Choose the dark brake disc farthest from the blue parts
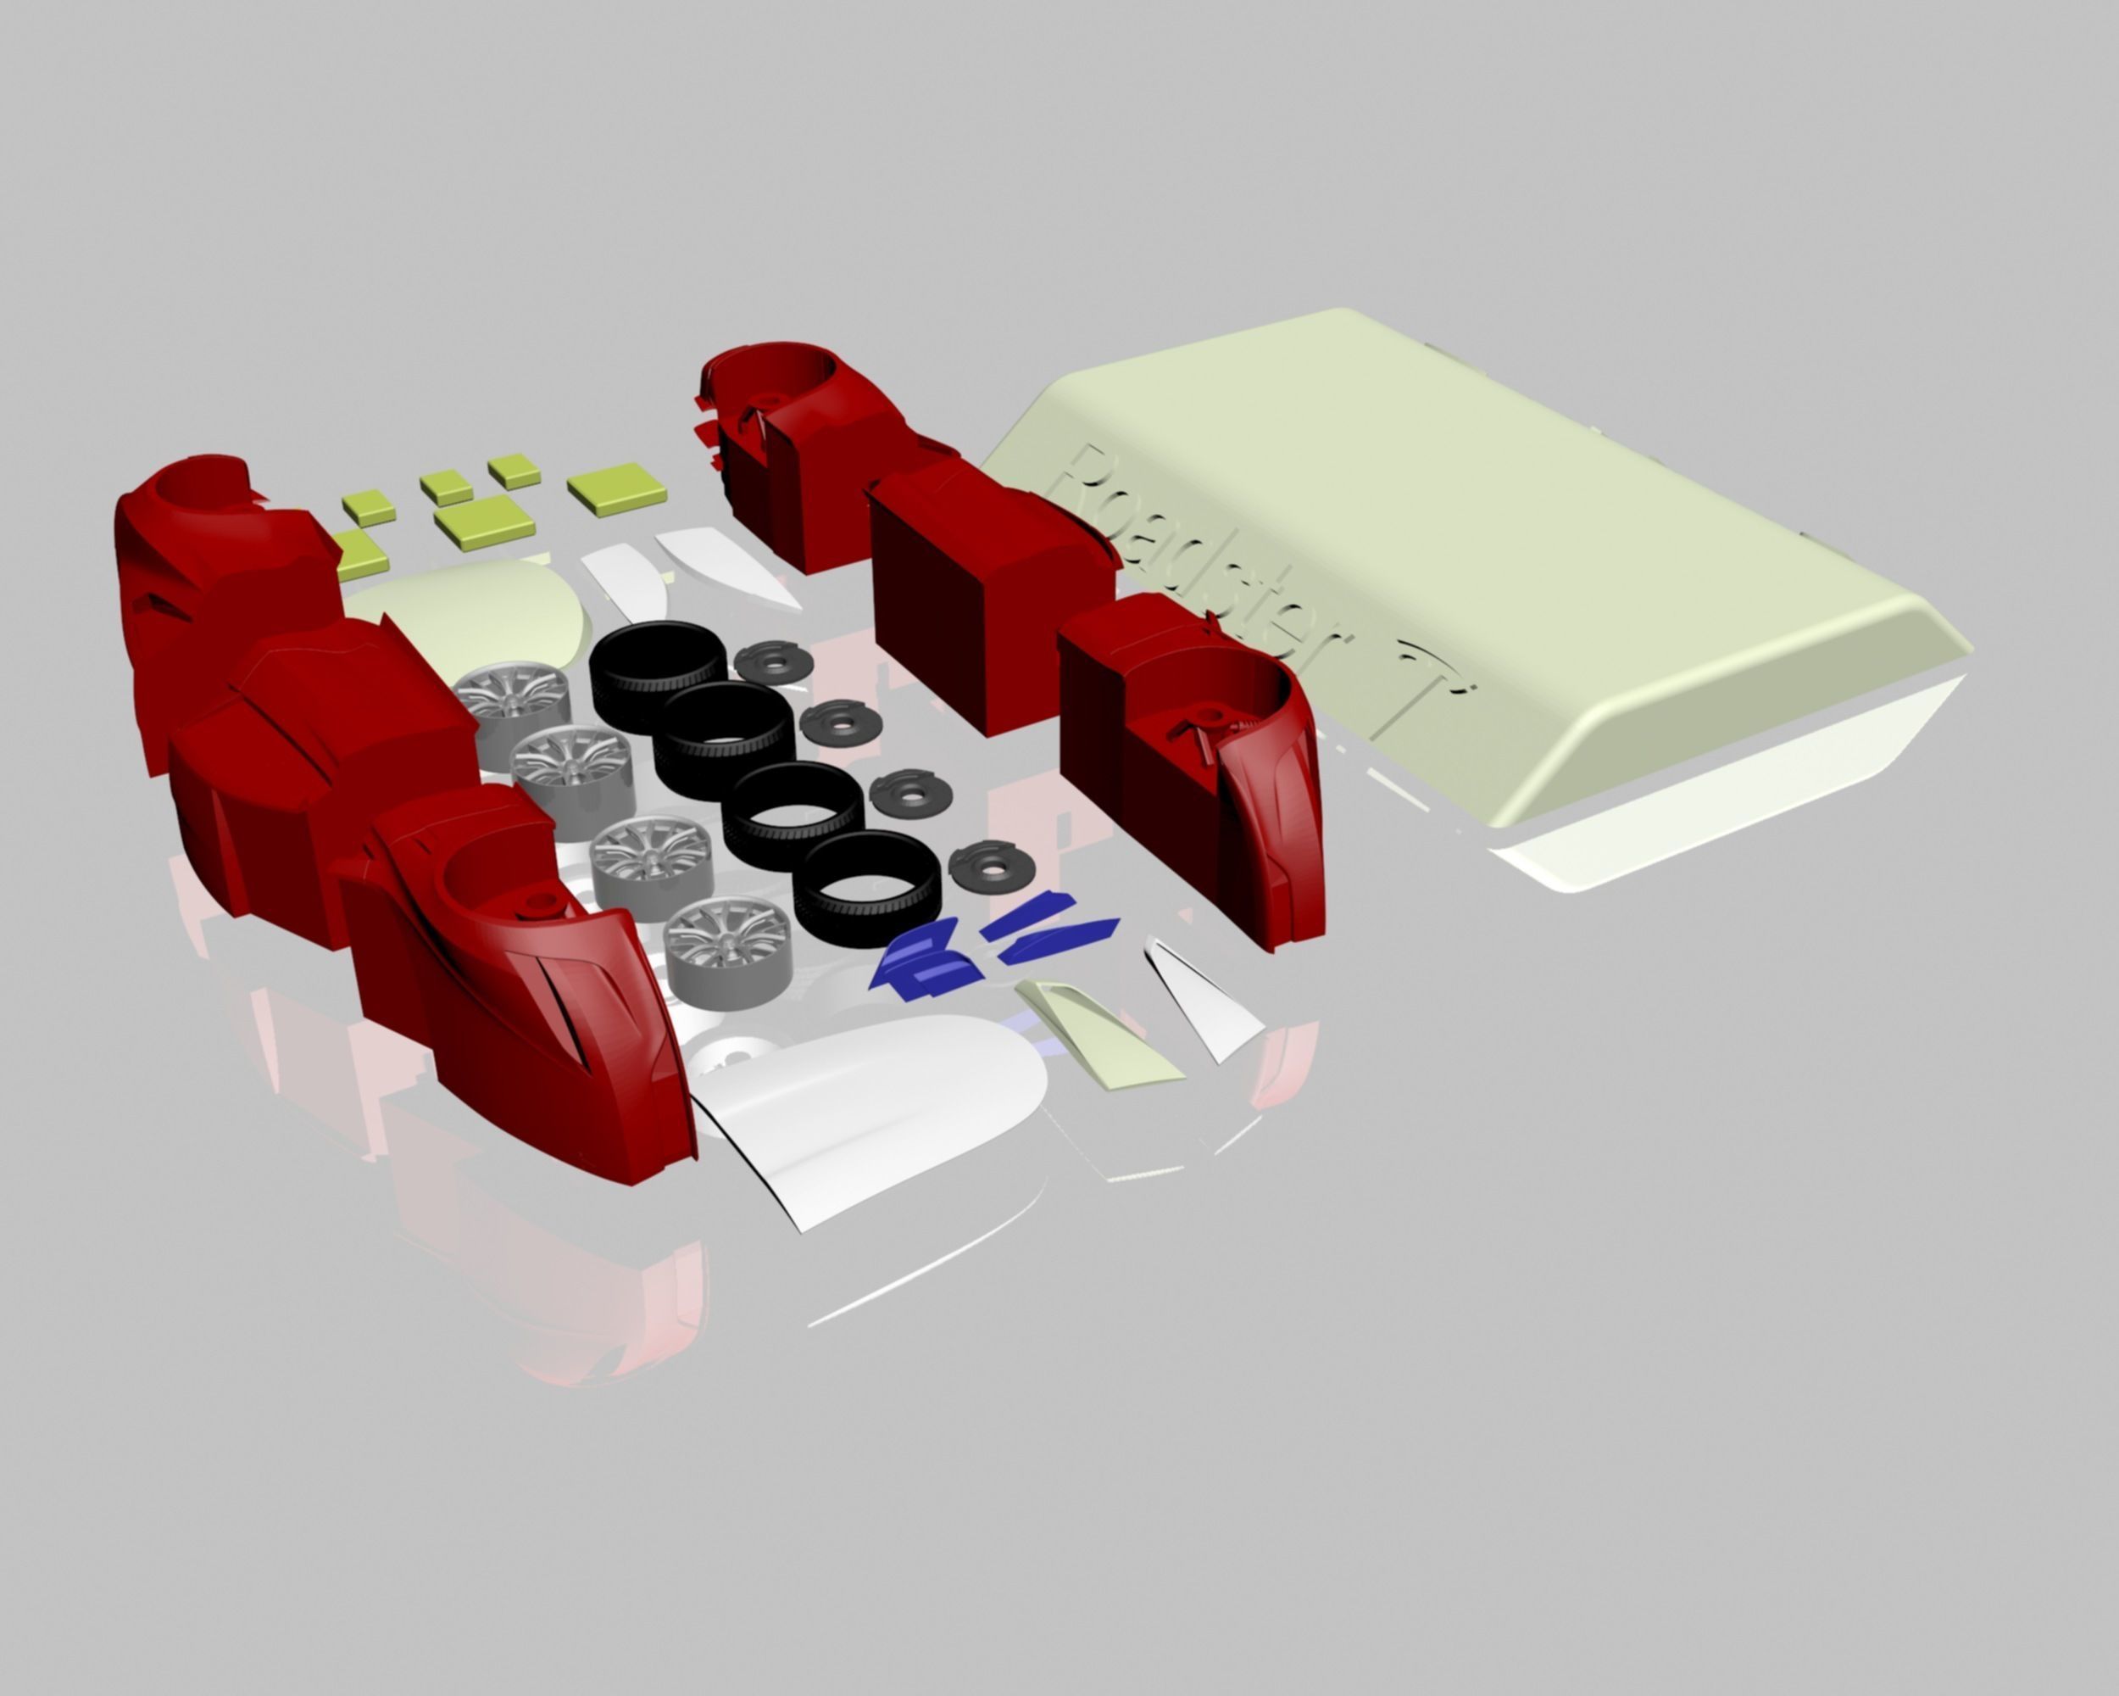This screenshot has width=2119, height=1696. [774, 661]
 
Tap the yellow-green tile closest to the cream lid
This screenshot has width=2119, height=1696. [616, 487]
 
